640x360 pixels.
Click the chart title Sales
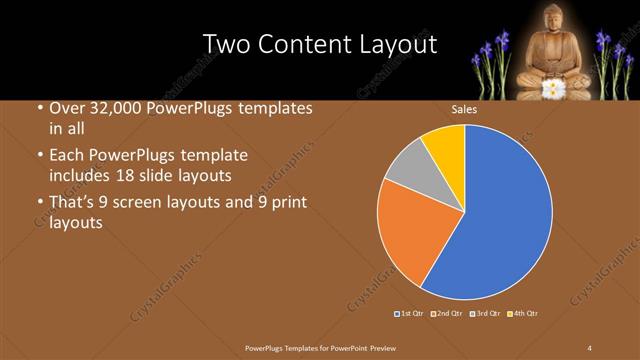pos(464,109)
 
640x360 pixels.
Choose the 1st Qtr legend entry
pos(410,314)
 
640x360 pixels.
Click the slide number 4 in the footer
pos(589,347)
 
